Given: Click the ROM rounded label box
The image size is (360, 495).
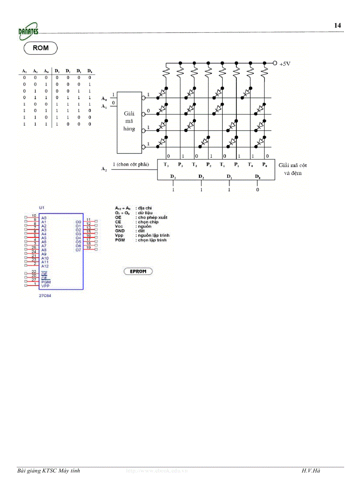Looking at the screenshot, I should click(41, 48).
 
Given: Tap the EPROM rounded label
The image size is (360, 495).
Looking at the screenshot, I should click(138, 271).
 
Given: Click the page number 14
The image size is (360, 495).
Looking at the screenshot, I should click(337, 26).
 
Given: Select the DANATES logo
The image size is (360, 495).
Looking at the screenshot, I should click(28, 30).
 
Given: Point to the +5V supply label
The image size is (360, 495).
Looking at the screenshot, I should click(285, 63).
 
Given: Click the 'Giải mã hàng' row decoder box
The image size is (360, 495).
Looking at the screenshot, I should click(129, 122).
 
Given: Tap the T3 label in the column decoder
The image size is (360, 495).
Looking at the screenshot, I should click(166, 165).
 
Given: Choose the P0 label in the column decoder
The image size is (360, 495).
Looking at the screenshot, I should click(265, 165).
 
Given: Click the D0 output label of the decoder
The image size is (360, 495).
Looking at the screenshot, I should click(258, 176).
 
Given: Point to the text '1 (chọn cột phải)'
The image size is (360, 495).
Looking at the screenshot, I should click(131, 164).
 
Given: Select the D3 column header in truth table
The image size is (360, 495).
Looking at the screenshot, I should click(57, 71).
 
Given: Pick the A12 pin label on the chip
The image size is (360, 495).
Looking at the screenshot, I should click(45, 266).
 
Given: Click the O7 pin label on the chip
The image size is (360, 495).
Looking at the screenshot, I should click(78, 250).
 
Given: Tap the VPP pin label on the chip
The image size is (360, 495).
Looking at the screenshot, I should click(45, 286).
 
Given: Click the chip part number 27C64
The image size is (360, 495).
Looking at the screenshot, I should click(45, 296).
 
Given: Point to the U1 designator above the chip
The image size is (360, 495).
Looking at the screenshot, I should click(41, 207).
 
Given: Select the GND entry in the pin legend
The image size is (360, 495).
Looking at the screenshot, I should click(120, 231).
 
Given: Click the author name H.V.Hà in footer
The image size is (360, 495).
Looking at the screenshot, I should click(311, 471).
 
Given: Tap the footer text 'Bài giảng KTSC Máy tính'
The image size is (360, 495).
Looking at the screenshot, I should click(49, 471).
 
